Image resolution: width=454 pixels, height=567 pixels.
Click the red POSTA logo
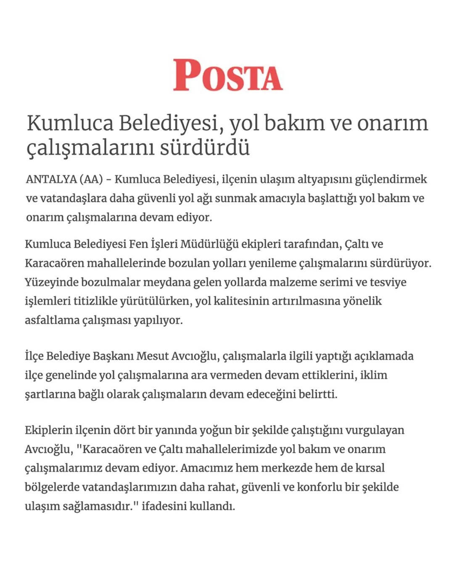tap(228, 76)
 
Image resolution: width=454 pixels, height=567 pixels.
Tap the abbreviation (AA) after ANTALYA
tap(91, 179)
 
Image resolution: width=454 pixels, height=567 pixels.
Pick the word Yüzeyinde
tap(51, 282)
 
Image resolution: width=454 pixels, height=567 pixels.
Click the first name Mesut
tap(153, 356)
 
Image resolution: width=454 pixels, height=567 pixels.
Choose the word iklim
tap(374, 375)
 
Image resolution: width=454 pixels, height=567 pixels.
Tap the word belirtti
tap(317, 394)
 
